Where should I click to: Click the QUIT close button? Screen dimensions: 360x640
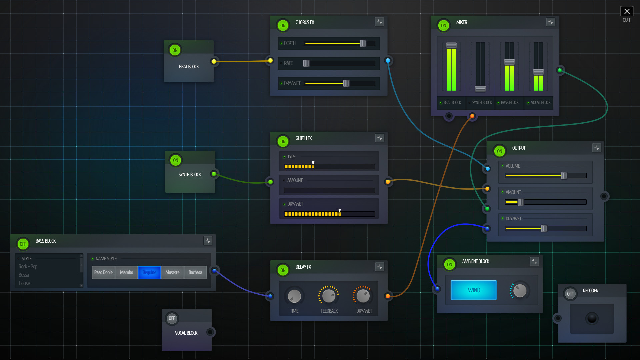(627, 12)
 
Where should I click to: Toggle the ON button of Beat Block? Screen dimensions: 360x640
(175, 50)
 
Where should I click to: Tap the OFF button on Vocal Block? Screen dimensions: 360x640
(172, 318)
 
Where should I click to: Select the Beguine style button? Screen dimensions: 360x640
(149, 272)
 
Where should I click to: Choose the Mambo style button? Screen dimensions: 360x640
(126, 272)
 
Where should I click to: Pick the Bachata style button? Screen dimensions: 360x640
(195, 272)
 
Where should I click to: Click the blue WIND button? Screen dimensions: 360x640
(474, 290)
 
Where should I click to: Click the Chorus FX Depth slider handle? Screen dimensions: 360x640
(363, 43)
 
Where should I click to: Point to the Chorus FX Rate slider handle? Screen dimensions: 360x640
(306, 63)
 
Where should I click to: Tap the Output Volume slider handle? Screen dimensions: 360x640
(564, 176)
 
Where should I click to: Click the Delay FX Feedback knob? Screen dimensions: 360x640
(329, 296)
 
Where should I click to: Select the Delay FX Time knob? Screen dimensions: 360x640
(294, 296)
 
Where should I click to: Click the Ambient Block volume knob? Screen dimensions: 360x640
(520, 291)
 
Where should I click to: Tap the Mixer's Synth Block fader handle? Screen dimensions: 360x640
(480, 88)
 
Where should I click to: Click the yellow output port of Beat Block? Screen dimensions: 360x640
(214, 61)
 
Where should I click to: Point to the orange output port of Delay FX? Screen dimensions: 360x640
(388, 296)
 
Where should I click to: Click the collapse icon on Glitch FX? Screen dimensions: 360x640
(380, 138)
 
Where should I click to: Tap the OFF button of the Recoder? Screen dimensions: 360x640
(570, 294)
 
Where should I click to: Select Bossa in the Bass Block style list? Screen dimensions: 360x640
(24, 275)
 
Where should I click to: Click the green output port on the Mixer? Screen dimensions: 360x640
(560, 70)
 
